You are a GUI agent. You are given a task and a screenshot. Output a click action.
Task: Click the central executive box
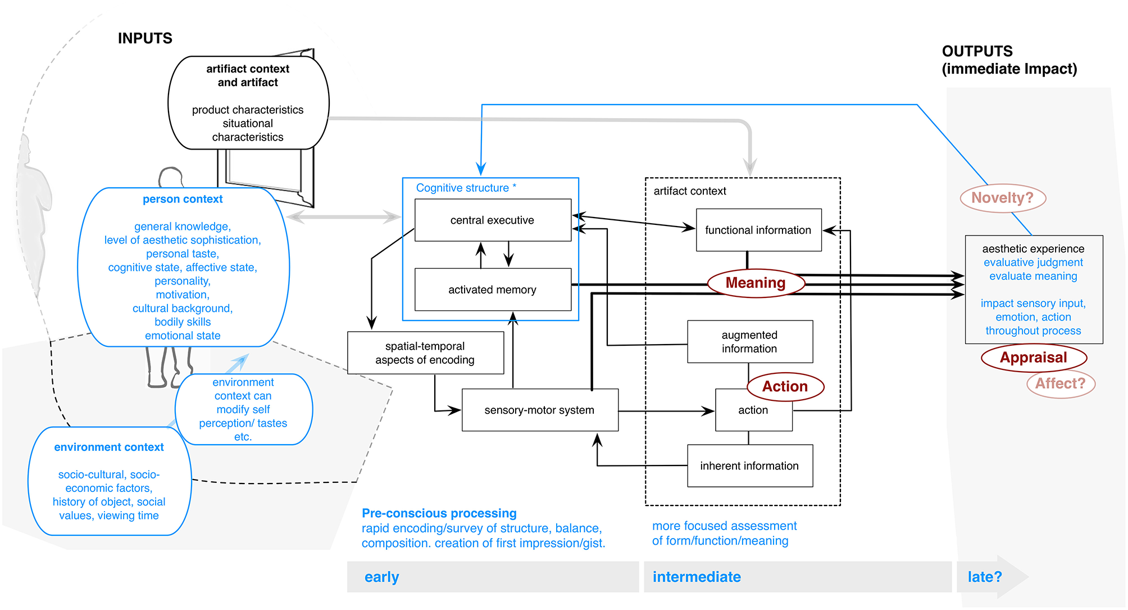(493, 220)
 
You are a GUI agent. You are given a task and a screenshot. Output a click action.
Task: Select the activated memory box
(493, 290)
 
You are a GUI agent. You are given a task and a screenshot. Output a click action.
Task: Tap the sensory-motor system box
(539, 410)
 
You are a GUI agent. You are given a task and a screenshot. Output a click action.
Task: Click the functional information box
(758, 230)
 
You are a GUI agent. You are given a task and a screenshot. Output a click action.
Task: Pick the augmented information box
(749, 342)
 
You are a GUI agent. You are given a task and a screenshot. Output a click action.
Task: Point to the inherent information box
(749, 466)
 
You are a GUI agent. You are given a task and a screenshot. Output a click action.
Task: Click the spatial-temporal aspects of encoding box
(425, 353)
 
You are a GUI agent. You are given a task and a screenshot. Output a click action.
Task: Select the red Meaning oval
(756, 283)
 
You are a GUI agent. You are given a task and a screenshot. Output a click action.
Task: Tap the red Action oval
(785, 387)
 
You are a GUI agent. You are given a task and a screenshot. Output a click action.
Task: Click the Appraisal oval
(1033, 358)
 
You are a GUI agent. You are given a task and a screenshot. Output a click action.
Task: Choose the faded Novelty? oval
(1002, 198)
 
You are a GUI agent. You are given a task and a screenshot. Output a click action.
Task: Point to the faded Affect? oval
(1060, 384)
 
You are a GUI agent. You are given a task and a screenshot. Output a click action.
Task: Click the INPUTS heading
(145, 38)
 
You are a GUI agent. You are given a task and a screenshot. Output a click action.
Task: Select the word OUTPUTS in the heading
(977, 51)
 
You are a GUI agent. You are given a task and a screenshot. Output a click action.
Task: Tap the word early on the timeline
(381, 577)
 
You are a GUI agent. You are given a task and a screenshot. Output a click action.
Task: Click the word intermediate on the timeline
(697, 577)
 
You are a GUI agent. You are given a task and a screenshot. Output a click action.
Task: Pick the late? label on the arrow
(984, 577)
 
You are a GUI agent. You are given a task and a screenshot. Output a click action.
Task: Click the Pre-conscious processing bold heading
(439, 513)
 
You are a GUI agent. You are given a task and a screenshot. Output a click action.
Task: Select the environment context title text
(109, 448)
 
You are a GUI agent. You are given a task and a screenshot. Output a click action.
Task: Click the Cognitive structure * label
(466, 188)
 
